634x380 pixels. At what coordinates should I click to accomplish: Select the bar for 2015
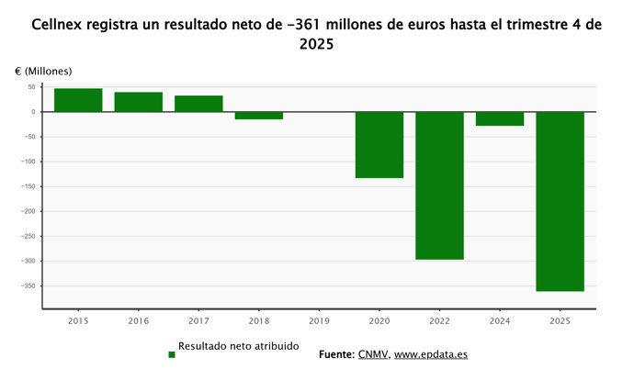point(78,100)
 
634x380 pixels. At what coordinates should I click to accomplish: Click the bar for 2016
point(138,102)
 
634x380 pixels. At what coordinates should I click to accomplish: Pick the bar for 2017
point(198,104)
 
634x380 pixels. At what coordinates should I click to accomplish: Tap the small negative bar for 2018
point(258,116)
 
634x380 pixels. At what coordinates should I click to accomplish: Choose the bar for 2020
point(379,145)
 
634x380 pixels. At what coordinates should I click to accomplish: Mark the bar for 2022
point(439,185)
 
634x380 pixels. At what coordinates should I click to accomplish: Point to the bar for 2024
point(500,118)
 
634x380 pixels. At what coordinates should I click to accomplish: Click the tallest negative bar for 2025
point(560,201)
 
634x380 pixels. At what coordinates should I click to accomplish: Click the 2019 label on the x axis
point(319,322)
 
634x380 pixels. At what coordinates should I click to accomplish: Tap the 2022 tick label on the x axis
point(439,322)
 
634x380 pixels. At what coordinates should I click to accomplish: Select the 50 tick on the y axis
point(31,87)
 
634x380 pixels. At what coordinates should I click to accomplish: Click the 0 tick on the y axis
point(33,112)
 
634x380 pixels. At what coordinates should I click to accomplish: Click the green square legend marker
point(172,354)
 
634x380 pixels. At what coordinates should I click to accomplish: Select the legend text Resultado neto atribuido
point(238,347)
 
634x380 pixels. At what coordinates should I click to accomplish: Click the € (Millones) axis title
point(43,71)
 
